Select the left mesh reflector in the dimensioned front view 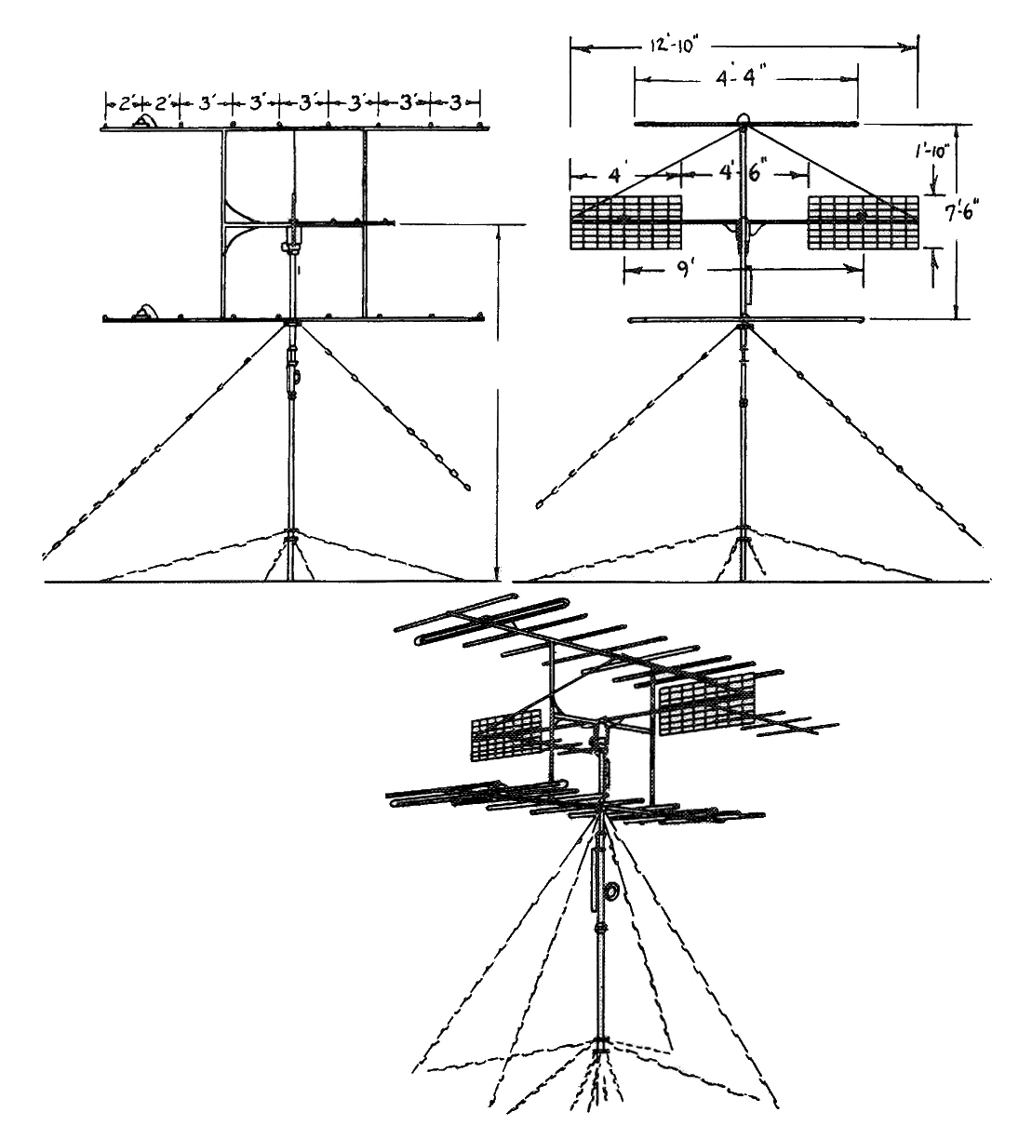click(625, 222)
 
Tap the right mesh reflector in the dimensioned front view click(864, 222)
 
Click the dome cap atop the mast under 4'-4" click(744, 119)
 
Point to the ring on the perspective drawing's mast click(611, 892)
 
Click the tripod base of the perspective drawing click(601, 1070)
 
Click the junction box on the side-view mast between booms click(291, 248)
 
